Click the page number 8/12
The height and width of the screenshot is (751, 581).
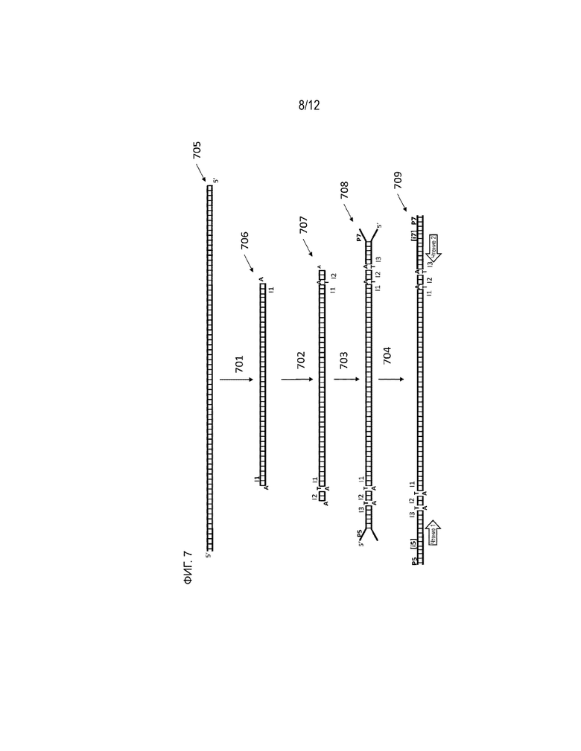point(309,106)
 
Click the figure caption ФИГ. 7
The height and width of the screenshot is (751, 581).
point(187,569)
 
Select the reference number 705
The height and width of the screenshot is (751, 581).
point(197,150)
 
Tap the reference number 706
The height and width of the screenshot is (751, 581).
point(244,240)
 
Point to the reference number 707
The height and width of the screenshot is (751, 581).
point(303,225)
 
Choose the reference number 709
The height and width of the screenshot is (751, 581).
point(398,180)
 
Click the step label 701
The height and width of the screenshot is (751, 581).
point(239,364)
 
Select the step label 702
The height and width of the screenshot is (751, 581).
point(301,360)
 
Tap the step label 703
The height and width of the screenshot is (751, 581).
point(343,360)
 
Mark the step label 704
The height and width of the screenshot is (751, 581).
point(387,356)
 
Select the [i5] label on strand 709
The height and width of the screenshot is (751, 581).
point(413,543)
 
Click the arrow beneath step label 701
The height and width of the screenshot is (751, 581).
point(237,380)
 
